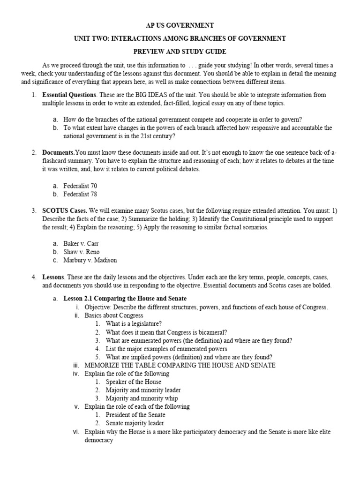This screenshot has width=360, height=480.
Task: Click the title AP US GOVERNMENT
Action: (180, 25)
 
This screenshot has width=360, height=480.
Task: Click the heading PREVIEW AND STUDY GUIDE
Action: (180, 51)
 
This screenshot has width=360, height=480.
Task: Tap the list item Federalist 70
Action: (80, 186)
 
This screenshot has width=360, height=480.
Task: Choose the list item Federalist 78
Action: (80, 194)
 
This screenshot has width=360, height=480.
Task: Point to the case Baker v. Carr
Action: (81, 243)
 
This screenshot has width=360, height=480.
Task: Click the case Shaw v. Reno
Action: (82, 252)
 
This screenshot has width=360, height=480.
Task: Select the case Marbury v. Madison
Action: (90, 260)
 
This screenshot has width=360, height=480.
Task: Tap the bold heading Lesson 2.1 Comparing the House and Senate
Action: (125, 299)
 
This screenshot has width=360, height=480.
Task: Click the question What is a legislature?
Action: (134, 324)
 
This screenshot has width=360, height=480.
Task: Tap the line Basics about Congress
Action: (114, 315)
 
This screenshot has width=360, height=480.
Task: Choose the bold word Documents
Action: (59, 153)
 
